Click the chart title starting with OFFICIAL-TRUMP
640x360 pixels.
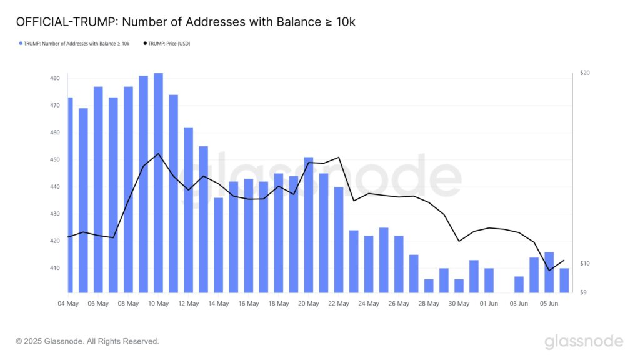(x=186, y=22)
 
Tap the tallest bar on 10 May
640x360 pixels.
(x=158, y=182)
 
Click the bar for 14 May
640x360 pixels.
(x=218, y=245)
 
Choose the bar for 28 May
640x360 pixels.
(x=429, y=286)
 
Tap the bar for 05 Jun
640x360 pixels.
(x=549, y=272)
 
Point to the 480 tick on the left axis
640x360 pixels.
(x=55, y=78)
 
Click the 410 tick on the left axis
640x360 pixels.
(x=55, y=268)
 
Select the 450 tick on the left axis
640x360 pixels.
(x=55, y=159)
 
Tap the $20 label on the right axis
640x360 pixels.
(x=585, y=73)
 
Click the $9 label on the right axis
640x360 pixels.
(x=584, y=292)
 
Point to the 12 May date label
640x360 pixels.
(x=188, y=304)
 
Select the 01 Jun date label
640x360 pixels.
(x=489, y=304)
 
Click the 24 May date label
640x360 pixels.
(x=369, y=304)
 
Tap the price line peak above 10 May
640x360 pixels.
(x=158, y=154)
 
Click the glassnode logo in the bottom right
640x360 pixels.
(x=584, y=341)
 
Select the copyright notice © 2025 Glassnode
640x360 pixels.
(x=87, y=341)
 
